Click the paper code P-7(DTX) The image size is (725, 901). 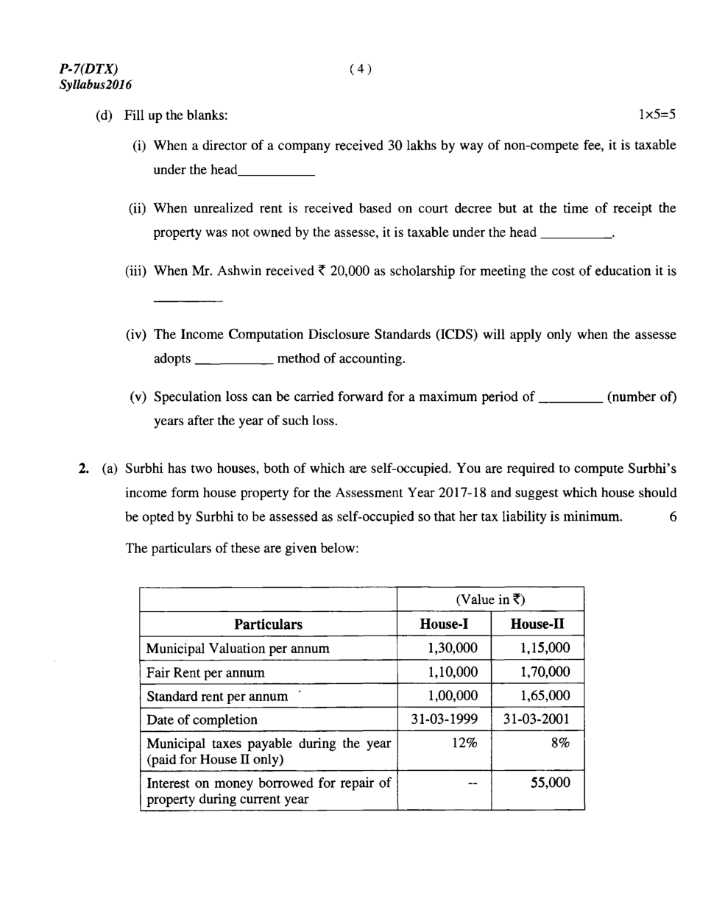coord(88,69)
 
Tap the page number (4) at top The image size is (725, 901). coord(361,69)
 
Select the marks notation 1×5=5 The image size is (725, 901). coord(657,115)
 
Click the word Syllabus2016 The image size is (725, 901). coord(96,85)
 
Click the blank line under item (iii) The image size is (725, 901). coord(188,300)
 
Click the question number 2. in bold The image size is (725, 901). coord(84,469)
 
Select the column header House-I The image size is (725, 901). coord(444,624)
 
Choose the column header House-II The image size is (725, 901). coord(537,624)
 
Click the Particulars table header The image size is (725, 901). coord(268,624)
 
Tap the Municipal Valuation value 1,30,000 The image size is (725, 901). coord(452,648)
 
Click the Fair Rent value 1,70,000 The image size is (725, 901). coord(545,672)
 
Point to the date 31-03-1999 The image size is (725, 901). coord(444,719)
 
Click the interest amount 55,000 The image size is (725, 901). coord(551,783)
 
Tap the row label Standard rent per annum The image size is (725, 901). coord(217,696)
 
